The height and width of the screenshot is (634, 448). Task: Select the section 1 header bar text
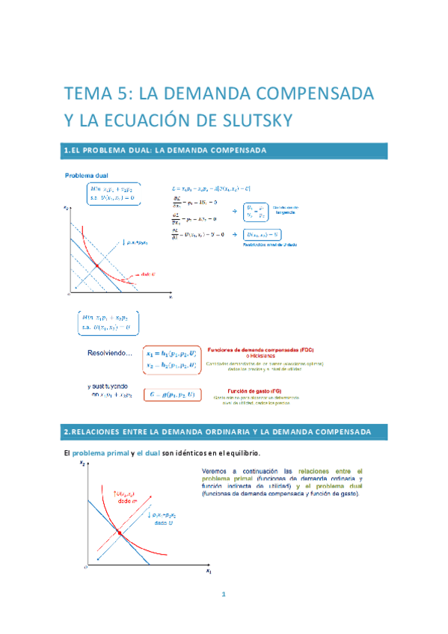click(x=165, y=150)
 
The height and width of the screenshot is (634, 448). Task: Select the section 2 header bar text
click(x=217, y=432)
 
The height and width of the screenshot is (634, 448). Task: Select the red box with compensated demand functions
click(x=171, y=357)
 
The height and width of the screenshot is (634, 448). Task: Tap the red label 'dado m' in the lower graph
click(x=104, y=500)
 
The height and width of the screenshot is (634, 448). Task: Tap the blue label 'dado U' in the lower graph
click(x=165, y=523)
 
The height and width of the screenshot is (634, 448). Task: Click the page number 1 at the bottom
click(x=224, y=594)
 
